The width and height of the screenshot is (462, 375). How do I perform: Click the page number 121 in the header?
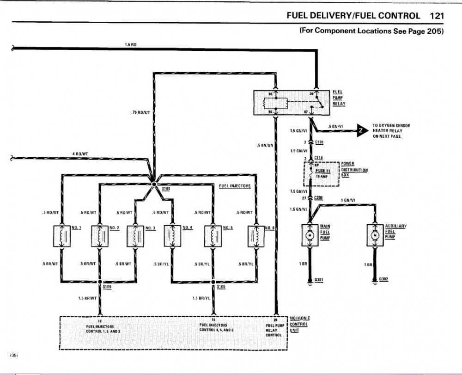(437, 15)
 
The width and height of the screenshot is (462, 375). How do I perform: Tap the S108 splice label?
(166, 189)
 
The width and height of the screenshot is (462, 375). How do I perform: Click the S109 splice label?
(107, 287)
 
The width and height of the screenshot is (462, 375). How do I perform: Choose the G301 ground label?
(319, 280)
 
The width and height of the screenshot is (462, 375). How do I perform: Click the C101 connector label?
(319, 141)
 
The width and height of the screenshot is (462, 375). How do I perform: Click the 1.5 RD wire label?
(131, 44)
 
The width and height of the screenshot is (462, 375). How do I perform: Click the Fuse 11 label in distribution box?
(323, 171)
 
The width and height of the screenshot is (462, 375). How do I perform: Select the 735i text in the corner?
(13, 355)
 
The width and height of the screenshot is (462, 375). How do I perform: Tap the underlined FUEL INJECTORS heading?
(235, 186)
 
